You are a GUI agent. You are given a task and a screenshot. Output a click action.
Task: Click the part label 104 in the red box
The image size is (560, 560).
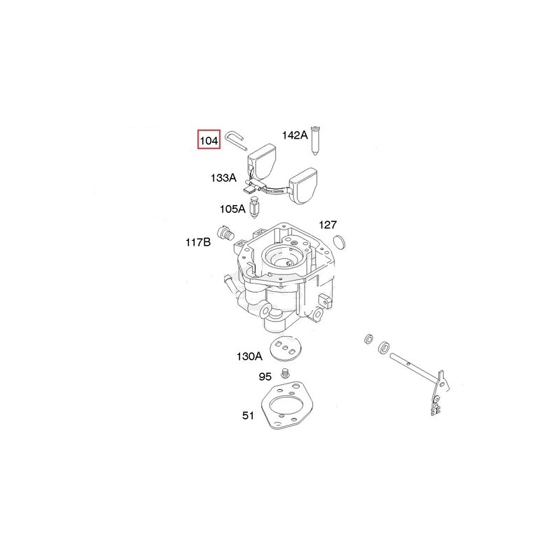pos(209,141)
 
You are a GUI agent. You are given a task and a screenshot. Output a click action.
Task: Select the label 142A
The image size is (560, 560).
pos(295,135)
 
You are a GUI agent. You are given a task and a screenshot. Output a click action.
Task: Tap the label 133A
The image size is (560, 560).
pos(223,178)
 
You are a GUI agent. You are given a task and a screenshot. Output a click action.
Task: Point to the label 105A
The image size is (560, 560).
pos(233,209)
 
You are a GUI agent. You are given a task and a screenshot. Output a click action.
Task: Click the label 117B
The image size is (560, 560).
pos(198,242)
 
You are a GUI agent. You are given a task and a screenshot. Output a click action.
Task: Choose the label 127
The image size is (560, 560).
pos(328,225)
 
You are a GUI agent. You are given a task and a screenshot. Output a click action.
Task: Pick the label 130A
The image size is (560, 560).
pos(249,356)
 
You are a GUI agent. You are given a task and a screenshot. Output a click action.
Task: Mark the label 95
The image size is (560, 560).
pos(265,377)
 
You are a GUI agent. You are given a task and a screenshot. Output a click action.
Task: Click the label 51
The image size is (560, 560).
pos(248,415)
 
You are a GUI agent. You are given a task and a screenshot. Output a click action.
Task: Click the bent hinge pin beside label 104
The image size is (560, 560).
pos(236,141)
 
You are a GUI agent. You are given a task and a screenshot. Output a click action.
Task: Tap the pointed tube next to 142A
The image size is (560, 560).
pos(314,141)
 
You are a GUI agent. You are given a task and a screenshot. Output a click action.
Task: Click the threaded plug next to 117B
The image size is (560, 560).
pos(225,233)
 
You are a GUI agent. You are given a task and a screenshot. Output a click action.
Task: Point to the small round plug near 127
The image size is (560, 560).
pos(339,241)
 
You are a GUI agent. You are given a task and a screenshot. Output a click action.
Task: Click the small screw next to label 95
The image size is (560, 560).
pos(285,373)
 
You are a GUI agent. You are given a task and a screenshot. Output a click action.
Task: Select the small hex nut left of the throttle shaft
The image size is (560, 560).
pos(368,339)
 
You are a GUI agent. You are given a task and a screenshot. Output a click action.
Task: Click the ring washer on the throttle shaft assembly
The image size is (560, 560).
pos(384,347)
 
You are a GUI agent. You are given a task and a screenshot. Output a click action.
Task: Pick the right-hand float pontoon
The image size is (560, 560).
pos(303,185)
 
